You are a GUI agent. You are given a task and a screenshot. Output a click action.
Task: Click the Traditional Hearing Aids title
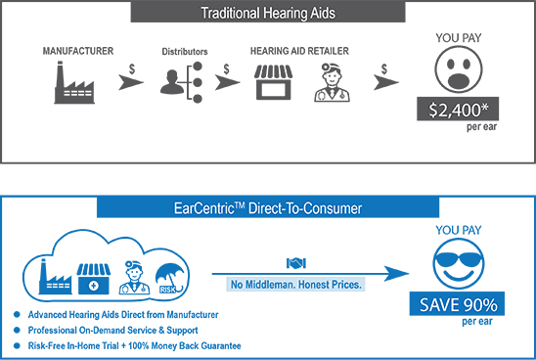[x=267, y=15]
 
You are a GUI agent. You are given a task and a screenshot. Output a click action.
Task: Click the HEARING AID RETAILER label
[x=298, y=49]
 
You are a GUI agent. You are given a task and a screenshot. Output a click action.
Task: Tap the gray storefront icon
[x=273, y=84]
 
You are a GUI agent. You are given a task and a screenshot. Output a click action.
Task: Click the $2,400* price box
[x=458, y=110]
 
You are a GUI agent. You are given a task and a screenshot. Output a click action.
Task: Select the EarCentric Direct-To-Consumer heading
[x=267, y=207]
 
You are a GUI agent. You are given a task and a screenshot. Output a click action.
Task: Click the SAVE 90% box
[x=458, y=304]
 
